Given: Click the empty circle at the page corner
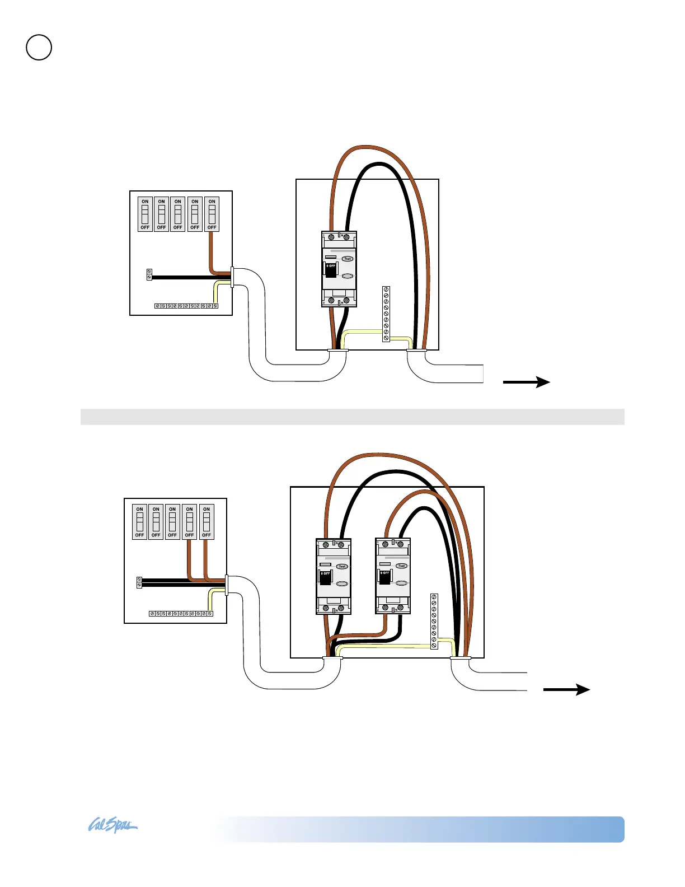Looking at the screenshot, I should point(39,48).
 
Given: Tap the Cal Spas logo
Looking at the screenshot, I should point(112,826).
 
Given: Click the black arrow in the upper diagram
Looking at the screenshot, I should point(526,382).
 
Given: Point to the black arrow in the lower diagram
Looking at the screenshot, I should point(566,690).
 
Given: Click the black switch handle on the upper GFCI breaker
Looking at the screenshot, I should point(331,270).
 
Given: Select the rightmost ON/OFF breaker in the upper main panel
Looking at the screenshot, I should point(212,214).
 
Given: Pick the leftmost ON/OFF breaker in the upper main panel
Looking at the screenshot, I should point(145,214).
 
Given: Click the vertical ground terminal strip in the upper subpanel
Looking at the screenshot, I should point(386,314).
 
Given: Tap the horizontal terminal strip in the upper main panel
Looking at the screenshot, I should point(186,306).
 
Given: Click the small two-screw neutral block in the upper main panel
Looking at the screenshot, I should point(149,274).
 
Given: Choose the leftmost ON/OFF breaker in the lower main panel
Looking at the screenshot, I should point(139,522).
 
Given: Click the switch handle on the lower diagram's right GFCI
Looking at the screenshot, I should point(384,577).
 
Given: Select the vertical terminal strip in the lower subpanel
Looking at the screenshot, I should point(434,621).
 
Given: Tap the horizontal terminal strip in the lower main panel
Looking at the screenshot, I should point(181,614).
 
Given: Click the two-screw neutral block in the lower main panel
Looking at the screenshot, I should point(139,582).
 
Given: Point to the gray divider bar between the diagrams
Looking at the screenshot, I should point(352,417).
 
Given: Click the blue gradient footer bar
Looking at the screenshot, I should point(420,829).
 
